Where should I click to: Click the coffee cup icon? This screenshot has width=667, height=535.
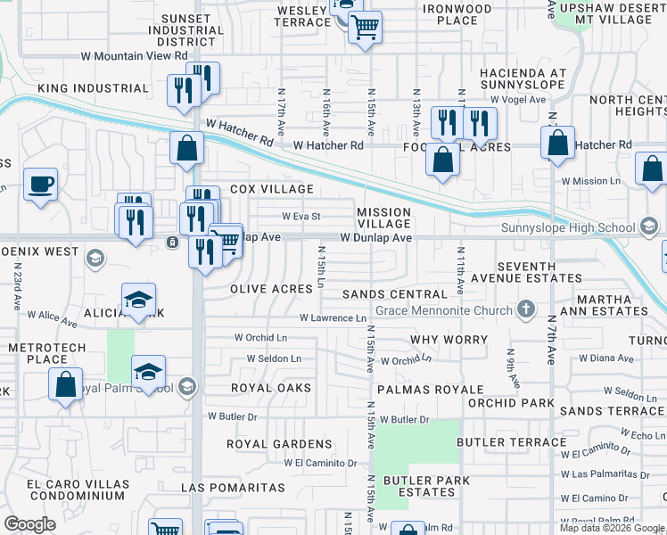click(40, 185)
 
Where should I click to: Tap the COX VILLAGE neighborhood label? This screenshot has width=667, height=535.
click(272, 189)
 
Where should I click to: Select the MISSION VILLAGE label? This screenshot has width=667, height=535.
click(383, 218)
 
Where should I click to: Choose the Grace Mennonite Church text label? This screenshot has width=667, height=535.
click(443, 310)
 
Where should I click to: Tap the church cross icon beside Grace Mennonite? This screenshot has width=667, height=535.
click(526, 309)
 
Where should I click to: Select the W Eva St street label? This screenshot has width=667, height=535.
click(301, 216)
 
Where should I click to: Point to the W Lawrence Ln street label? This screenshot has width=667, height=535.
click(333, 317)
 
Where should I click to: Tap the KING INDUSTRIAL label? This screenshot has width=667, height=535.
click(93, 88)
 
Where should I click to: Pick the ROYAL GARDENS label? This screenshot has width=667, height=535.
click(279, 443)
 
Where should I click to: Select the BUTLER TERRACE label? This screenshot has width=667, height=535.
click(511, 442)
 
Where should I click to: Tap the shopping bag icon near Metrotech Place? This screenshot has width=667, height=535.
click(66, 384)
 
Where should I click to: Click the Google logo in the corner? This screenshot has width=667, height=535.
click(29, 523)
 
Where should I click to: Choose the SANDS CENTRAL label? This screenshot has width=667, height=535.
click(394, 293)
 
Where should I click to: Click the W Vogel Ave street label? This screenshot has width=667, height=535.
click(517, 100)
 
